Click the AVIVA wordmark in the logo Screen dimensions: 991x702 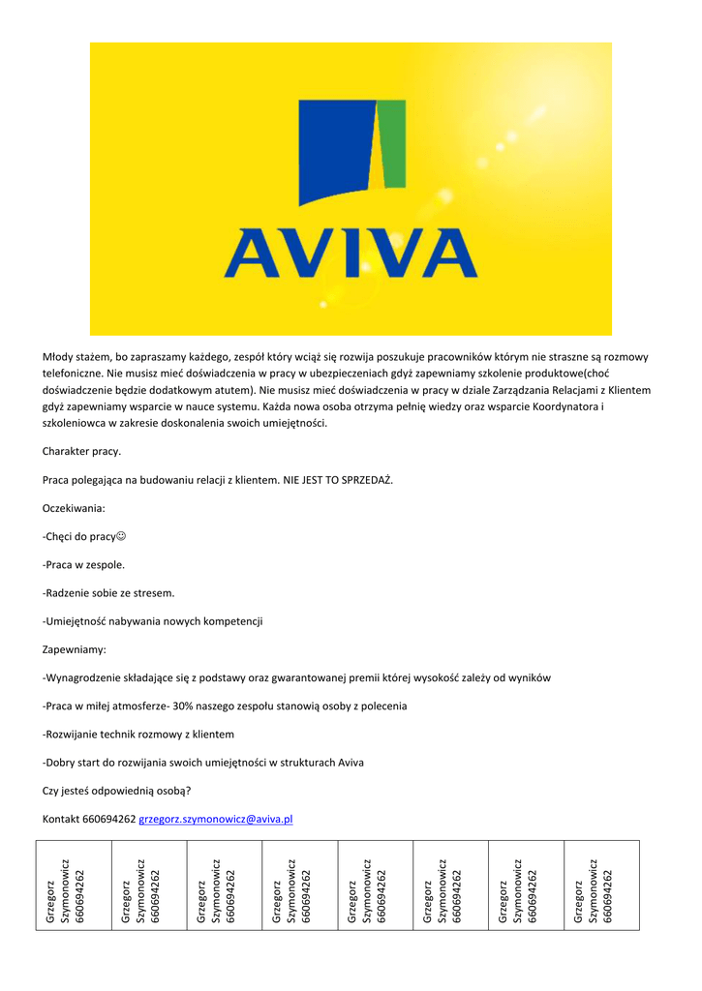point(351,253)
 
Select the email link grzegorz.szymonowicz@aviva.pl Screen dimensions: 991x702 point(216,819)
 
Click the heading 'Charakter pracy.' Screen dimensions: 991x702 point(82,452)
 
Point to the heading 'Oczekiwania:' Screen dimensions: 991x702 point(74,508)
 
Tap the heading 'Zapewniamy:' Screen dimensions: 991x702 point(75,649)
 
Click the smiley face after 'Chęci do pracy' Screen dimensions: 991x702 point(122,536)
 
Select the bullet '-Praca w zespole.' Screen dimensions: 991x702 point(84,564)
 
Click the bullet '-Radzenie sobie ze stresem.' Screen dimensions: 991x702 point(108,592)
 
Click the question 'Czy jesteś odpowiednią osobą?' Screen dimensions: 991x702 point(116,791)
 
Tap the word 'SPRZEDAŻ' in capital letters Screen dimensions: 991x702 point(366,480)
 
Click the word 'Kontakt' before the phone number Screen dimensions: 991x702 point(61,819)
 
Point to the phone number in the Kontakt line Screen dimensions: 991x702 point(109,819)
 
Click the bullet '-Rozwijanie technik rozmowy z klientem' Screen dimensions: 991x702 point(138,735)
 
